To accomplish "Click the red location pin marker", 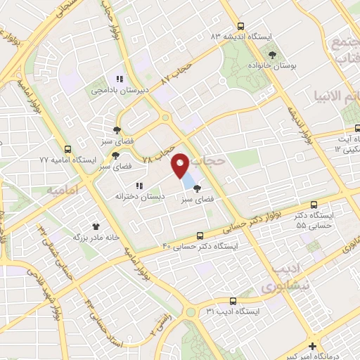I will click(x=181, y=166).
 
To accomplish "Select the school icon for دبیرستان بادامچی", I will click(x=120, y=79).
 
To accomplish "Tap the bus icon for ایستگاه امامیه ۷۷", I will click(x=68, y=149).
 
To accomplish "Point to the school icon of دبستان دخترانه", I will click(x=139, y=186).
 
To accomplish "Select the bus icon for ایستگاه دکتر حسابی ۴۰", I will click(x=201, y=236).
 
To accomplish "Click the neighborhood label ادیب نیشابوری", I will click(x=288, y=279).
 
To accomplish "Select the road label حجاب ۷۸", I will click(x=167, y=145).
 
